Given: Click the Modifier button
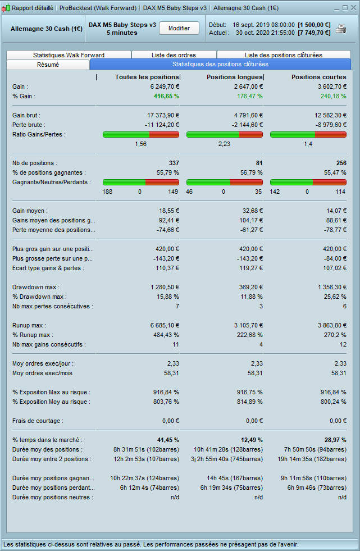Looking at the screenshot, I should pyautogui.click(x=179, y=28).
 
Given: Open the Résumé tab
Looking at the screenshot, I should pyautogui.click(x=48, y=65).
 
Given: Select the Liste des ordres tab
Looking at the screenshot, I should pyautogui.click(x=174, y=55).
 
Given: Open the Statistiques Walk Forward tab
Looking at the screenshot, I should pyautogui.click(x=69, y=55).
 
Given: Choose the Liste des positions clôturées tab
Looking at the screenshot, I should pyautogui.click(x=283, y=55).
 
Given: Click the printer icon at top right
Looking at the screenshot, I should pyautogui.click(x=341, y=29).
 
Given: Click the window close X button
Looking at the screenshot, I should pyautogui.click(x=353, y=8).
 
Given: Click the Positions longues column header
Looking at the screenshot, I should pyautogui.click(x=235, y=77).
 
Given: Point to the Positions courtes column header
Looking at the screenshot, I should pyautogui.click(x=318, y=77).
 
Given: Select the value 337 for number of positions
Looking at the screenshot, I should pyautogui.click(x=174, y=163).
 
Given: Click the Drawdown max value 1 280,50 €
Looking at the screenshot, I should pyautogui.click(x=163, y=287).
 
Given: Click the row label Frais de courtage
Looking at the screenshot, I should pyautogui.click(x=38, y=421).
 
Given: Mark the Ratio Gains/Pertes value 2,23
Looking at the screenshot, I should pyautogui.click(x=224, y=144).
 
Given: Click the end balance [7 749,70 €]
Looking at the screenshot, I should pyautogui.click(x=315, y=33).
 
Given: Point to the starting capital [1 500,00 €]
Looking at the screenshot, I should pyautogui.click(x=315, y=25).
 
